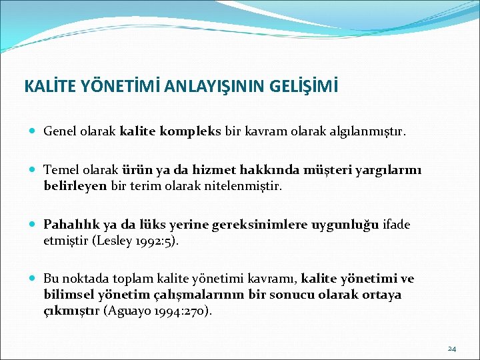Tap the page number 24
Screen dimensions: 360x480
[x=453, y=349]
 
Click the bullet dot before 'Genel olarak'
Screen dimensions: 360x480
[x=33, y=132]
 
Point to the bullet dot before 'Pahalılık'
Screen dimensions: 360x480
[x=33, y=225]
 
